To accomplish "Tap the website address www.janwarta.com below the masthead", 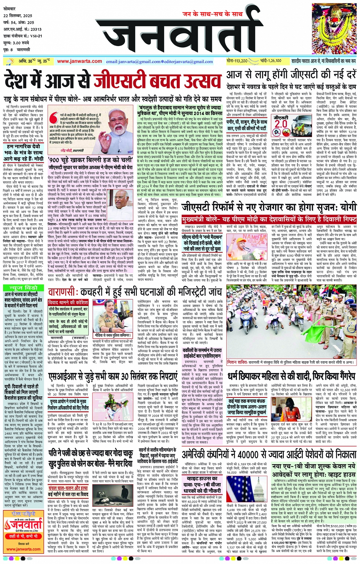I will (x=79, y=61).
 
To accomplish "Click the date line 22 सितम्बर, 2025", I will (x=18, y=16).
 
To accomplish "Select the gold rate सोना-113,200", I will (x=237, y=61).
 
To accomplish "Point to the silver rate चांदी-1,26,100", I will (x=271, y=61).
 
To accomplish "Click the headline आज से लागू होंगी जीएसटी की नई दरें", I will (x=291, y=75).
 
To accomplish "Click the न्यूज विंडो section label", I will (x=23, y=288).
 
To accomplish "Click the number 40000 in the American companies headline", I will (x=250, y=454).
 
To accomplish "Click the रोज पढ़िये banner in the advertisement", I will (x=23, y=514).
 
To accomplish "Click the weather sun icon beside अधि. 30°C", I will (x=9, y=61).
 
